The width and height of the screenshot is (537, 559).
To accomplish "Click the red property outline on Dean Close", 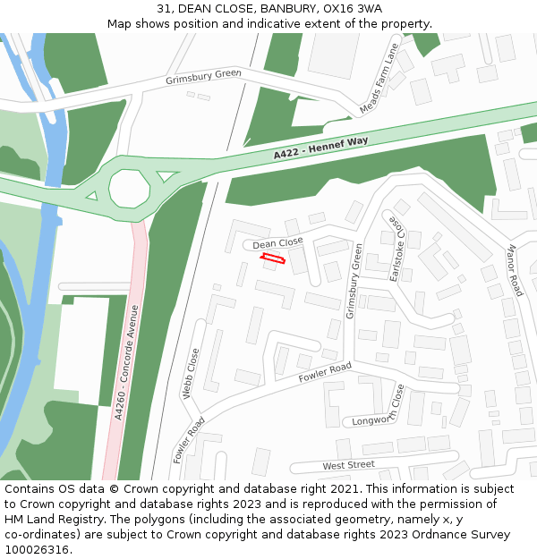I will point(272,259).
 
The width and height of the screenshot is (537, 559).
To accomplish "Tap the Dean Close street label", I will point(277,242).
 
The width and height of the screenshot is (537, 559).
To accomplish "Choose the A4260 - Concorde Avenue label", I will point(126,362).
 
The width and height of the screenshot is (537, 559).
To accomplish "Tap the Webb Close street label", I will point(191,372).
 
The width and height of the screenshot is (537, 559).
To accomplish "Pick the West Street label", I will point(349,465).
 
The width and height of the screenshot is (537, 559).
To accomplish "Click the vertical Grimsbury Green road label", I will point(354,281).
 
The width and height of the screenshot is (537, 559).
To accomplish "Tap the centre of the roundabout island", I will point(131,188).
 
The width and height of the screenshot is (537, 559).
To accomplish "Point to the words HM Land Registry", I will point(49,519).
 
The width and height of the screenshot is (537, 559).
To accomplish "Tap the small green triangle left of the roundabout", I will point(90,195).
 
